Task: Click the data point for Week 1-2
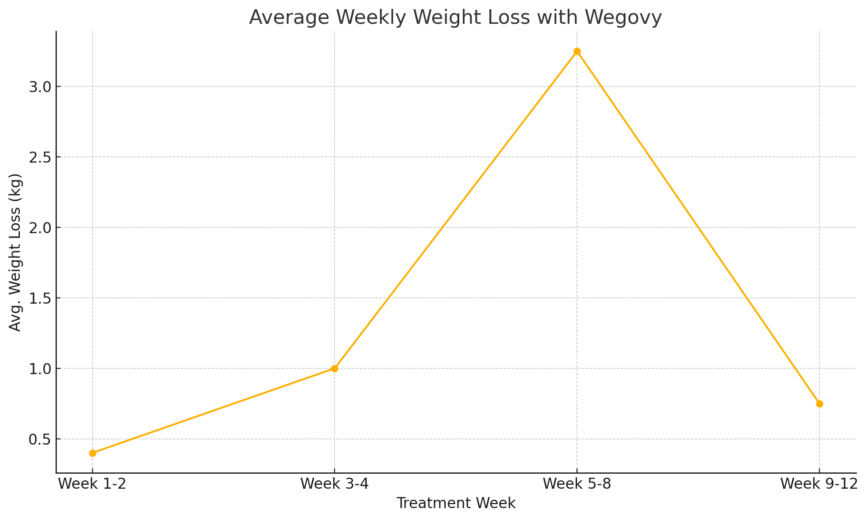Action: point(93,453)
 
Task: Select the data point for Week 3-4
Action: point(335,368)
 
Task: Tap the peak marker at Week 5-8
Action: point(577,52)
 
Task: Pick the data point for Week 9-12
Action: point(819,404)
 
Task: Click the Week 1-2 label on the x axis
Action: point(93,484)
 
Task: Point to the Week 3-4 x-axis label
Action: point(335,484)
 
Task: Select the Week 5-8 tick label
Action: point(577,484)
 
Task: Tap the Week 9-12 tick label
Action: point(819,484)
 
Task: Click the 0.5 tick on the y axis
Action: point(40,439)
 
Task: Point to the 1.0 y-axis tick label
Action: point(40,369)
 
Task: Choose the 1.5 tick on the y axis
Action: point(40,298)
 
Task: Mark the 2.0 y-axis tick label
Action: point(40,228)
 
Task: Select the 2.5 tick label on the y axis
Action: point(40,157)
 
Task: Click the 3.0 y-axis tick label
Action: point(40,87)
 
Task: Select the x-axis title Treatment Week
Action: point(456,503)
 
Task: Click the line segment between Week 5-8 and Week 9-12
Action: point(698,227)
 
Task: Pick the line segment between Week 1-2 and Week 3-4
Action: point(214,411)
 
